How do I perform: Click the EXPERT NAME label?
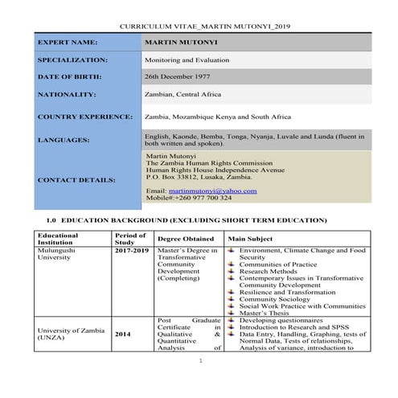coord(68,42)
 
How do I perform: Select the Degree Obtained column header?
coord(186,239)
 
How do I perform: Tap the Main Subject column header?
coord(250,239)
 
